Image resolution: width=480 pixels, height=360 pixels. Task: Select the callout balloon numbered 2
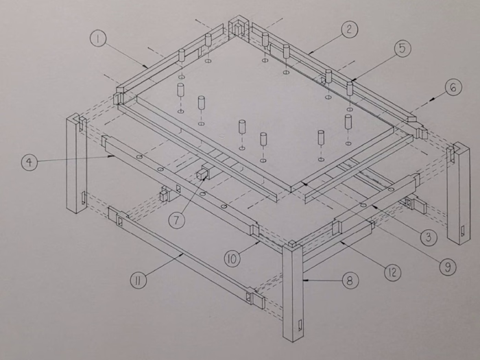[349, 29]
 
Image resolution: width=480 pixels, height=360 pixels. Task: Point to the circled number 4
[29, 163]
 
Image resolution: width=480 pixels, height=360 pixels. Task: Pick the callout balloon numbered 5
[403, 49]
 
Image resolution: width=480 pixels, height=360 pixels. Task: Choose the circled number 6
[452, 88]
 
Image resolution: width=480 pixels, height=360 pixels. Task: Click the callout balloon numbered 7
[177, 221]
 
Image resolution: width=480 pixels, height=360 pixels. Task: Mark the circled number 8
[350, 280]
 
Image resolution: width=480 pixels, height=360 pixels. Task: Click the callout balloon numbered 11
[139, 280]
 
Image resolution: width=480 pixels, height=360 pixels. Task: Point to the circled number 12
[392, 272]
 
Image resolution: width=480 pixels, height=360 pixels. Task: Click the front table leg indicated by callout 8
[293, 295]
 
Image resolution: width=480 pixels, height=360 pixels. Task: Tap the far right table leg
[457, 195]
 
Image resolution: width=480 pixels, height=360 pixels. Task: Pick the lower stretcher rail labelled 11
[185, 257]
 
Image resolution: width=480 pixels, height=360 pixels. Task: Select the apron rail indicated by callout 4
[178, 182]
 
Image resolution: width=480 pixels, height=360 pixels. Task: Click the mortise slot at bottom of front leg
[300, 327]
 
